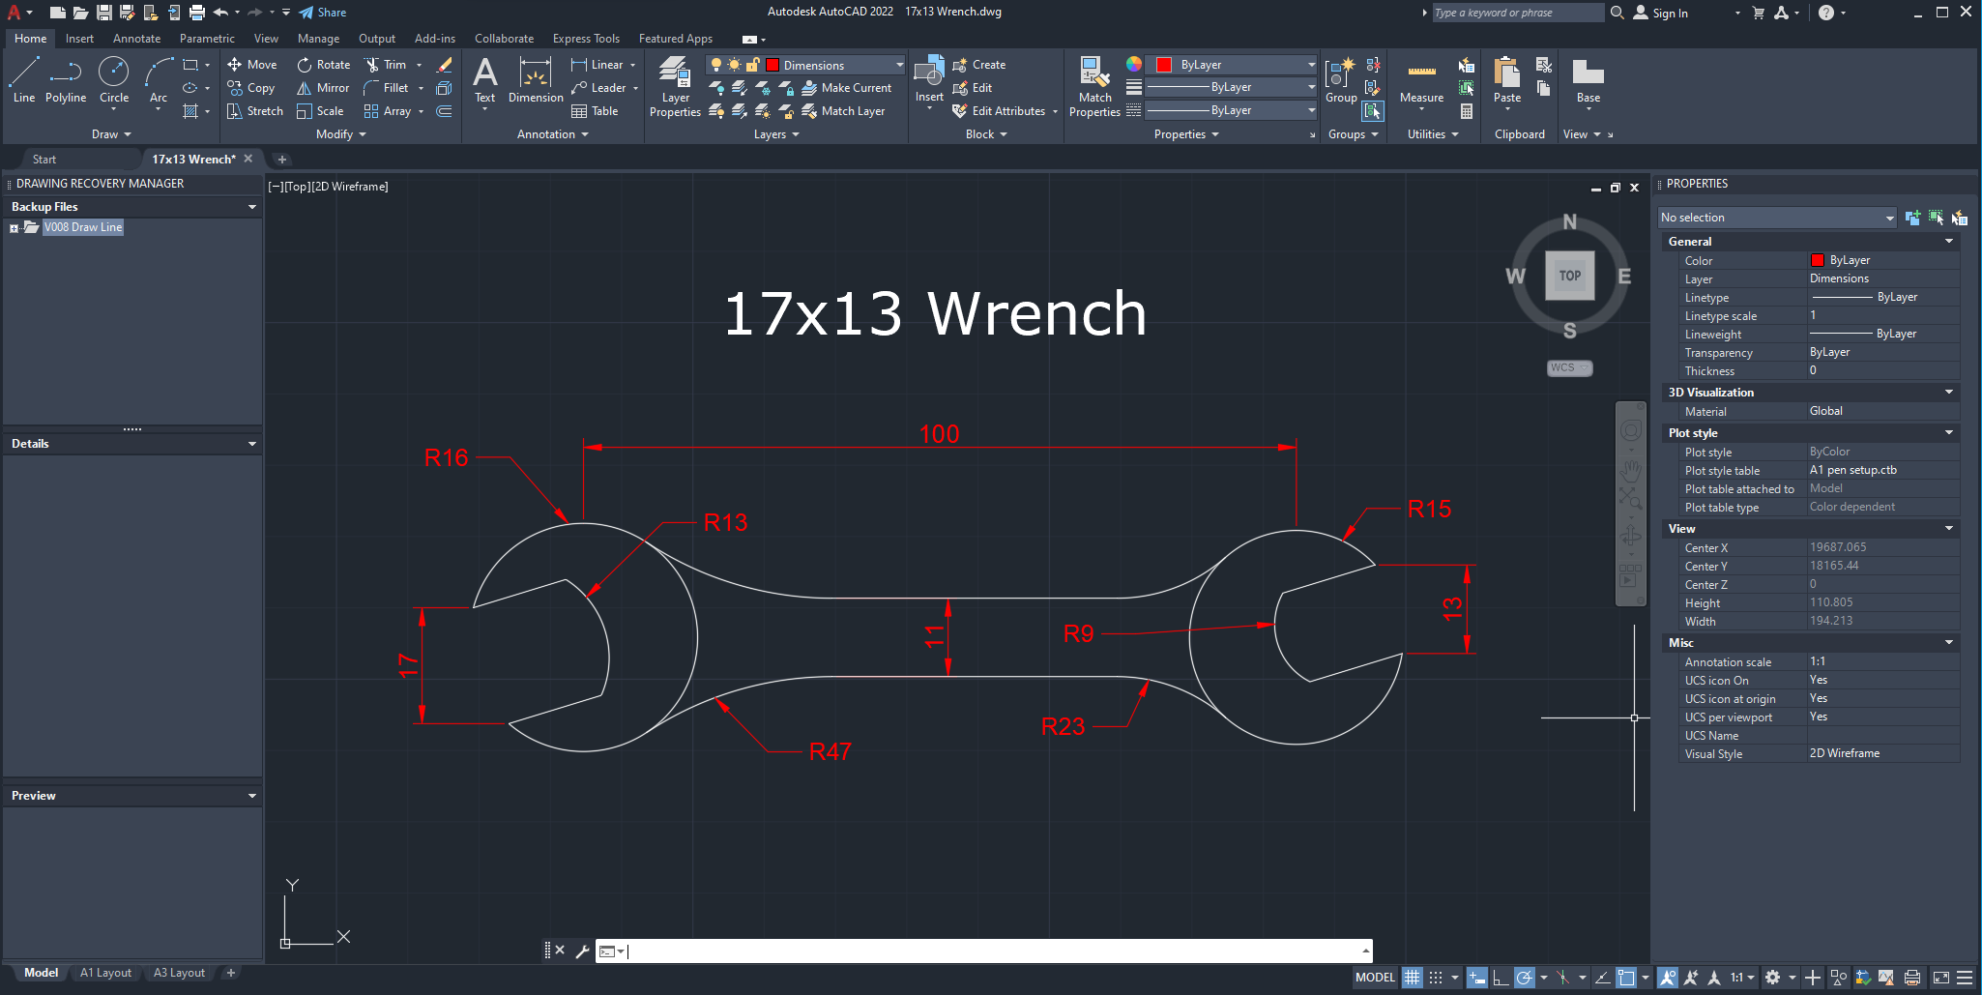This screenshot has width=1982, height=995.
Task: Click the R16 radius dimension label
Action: pos(446,457)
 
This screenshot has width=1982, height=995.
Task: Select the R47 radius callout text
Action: pos(830,751)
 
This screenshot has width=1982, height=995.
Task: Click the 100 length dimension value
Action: pos(939,434)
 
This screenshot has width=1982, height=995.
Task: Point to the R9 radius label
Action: pos(1078,633)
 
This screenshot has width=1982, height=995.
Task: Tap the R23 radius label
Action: pos(1063,726)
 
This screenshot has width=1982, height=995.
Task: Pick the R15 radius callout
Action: pos(1429,509)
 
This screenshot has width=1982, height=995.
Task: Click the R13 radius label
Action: pos(725,522)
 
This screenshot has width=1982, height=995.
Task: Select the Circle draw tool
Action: pos(114,79)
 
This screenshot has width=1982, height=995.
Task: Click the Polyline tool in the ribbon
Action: pos(66,79)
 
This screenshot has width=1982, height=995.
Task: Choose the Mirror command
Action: pos(324,88)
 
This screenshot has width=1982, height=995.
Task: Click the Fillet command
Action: pos(387,88)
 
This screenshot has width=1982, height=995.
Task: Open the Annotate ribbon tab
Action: pos(136,39)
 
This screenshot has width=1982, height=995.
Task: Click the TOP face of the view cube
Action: pos(1569,276)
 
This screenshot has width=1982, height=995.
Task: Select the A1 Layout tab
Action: pos(105,973)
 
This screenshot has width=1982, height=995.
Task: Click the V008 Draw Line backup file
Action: pos(83,227)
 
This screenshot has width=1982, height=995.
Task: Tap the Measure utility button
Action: pos(1421,81)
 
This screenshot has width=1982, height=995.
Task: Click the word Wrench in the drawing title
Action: pos(1036,313)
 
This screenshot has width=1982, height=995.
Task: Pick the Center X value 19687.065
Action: pos(1838,547)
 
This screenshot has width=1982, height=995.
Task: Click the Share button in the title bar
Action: pos(323,13)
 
